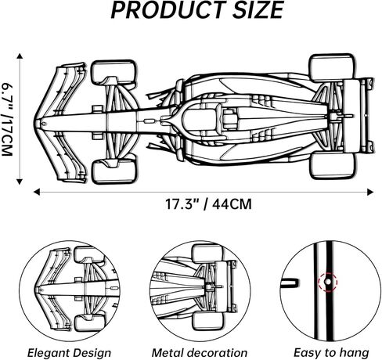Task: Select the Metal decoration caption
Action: coord(193,353)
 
